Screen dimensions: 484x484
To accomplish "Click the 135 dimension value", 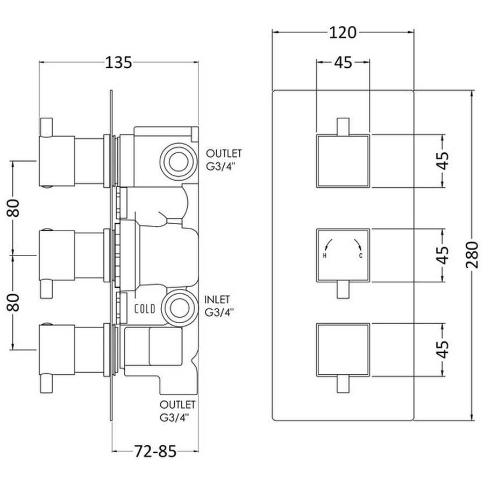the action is point(118,63).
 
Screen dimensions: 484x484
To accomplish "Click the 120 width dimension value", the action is point(343,32).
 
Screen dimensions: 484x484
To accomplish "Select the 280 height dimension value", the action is point(472,255).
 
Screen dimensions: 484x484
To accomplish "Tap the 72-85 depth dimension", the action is point(155,451).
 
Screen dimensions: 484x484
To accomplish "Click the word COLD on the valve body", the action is point(145,309).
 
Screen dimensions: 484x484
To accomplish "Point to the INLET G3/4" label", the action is point(218,306).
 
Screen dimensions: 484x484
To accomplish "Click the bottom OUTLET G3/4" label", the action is point(177,411).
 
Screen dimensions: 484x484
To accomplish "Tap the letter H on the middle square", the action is point(324,256).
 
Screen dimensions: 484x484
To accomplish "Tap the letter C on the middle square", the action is point(360,256).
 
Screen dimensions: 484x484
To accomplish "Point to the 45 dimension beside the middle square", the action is point(443,255).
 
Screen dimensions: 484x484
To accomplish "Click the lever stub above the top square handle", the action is point(343,126).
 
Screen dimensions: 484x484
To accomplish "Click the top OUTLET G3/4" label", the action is point(224,160).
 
